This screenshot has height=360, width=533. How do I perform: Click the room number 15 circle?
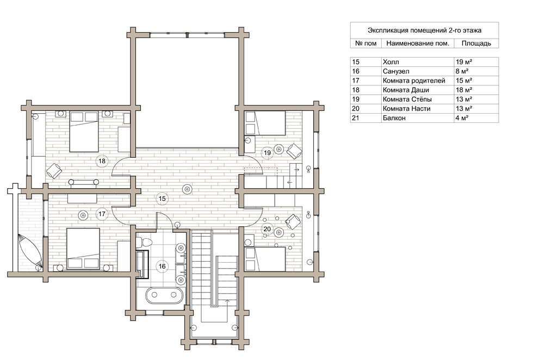(162, 198)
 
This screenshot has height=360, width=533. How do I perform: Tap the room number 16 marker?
(162, 266)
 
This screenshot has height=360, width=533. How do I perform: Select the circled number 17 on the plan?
(102, 214)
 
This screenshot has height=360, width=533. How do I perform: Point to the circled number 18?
(102, 161)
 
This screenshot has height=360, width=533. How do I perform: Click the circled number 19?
(267, 153)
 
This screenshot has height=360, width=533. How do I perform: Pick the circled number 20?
(267, 229)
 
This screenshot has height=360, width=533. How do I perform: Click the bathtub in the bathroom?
(164, 295)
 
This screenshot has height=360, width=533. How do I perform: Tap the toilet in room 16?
(144, 243)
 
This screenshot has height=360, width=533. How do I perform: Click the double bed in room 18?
(84, 132)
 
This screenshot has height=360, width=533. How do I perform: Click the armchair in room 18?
(54, 171)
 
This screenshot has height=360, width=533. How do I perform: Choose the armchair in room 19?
(294, 151)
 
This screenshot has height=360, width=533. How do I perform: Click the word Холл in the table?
(391, 62)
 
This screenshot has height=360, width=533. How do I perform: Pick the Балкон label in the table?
(394, 118)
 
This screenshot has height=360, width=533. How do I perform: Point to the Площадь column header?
(476, 44)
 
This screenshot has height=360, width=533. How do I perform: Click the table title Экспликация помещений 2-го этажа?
(425, 30)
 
